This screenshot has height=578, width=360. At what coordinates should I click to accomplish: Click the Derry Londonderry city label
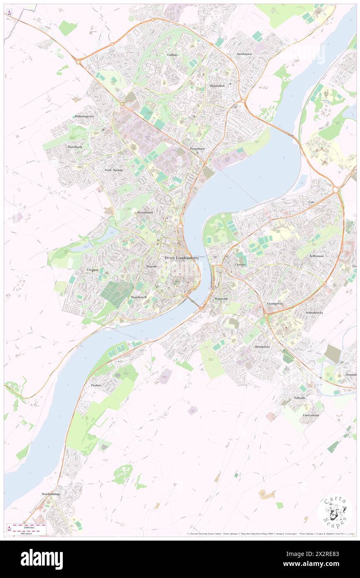(x=182, y=258)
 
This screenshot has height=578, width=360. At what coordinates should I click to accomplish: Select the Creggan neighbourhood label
(x=92, y=270)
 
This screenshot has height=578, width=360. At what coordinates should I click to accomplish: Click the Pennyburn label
(x=197, y=148)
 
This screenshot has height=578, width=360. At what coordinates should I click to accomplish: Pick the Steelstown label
(x=245, y=54)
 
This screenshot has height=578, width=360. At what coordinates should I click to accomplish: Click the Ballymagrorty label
(x=85, y=116)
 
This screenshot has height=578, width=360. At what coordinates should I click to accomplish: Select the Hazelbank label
(x=76, y=147)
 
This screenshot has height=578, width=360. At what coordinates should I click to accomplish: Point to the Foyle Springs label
(x=114, y=170)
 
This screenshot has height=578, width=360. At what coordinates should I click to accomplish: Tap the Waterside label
(x=221, y=299)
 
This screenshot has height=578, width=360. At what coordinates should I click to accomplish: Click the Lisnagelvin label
(x=275, y=304)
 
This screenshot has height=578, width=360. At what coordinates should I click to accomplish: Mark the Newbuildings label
(x=51, y=494)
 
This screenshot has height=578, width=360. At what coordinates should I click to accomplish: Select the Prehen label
(x=96, y=385)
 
